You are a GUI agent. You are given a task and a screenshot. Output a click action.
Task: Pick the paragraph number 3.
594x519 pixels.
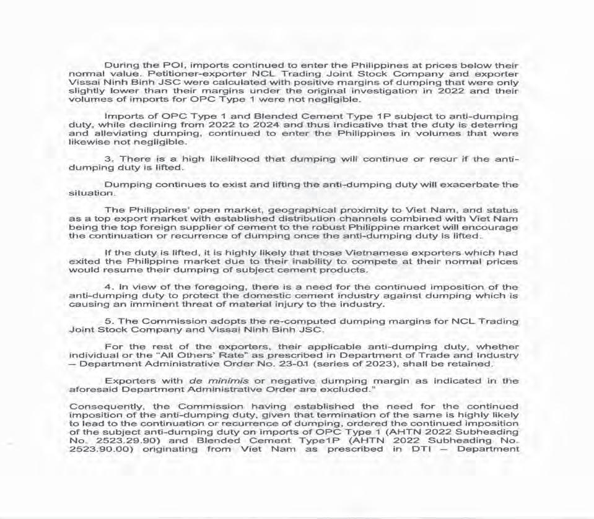108,159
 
